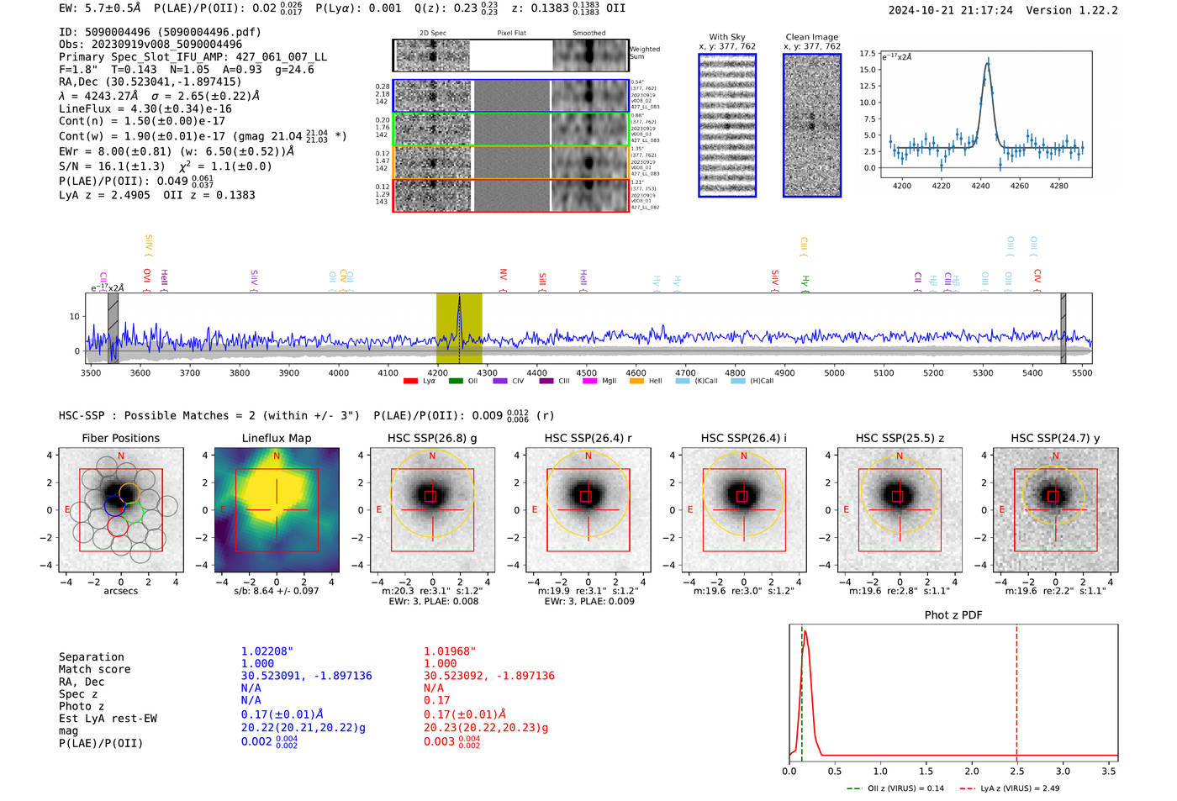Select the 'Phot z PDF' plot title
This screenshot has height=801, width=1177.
[953, 614]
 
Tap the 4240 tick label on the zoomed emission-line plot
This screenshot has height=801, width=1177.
[980, 186]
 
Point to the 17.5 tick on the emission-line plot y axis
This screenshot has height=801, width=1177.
[868, 53]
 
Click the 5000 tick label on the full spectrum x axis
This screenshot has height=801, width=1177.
[834, 373]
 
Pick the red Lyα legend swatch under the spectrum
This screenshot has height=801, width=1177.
[410, 381]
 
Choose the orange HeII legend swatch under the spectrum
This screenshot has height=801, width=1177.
[636, 381]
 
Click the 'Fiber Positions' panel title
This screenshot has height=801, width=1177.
[120, 438]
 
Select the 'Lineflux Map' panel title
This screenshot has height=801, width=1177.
[276, 438]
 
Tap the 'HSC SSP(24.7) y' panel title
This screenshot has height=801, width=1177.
[1055, 438]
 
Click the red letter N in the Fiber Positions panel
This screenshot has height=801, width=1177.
[121, 456]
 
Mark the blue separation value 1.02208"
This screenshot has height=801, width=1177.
[267, 651]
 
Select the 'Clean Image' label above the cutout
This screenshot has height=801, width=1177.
[811, 37]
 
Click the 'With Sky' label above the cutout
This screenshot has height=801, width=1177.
[726, 37]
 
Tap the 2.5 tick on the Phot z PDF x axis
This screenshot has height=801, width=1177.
[1016, 771]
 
